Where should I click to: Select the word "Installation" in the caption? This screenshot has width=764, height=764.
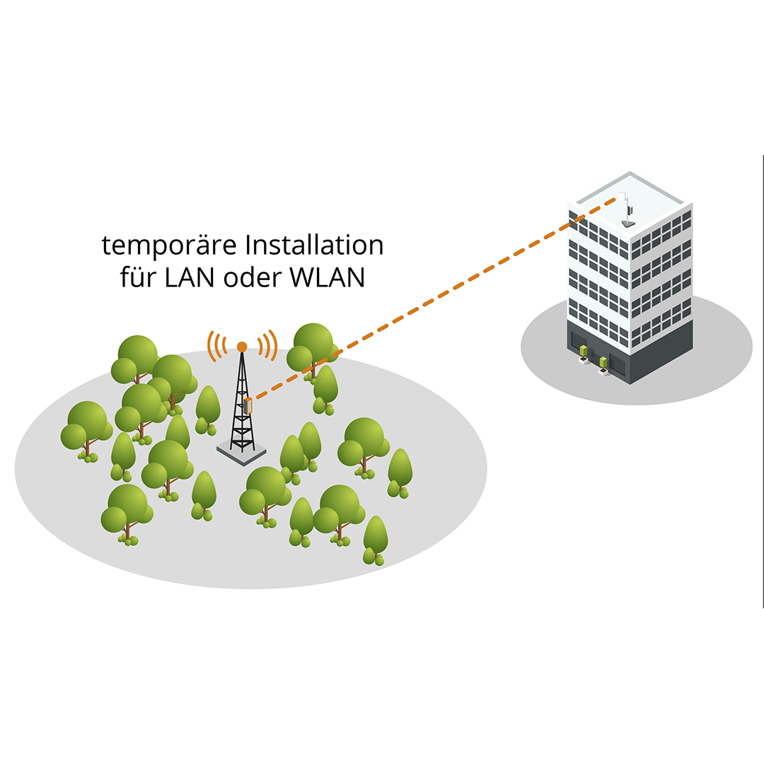tap(314, 246)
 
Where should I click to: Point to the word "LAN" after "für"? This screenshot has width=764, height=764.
tap(190, 278)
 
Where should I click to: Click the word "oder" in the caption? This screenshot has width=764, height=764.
tap(253, 278)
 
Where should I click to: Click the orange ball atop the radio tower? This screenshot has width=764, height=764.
tap(242, 347)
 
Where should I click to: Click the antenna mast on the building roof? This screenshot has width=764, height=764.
tap(626, 209)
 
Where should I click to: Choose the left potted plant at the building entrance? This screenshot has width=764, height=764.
tap(584, 352)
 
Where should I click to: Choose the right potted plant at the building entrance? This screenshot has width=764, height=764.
tap(603, 364)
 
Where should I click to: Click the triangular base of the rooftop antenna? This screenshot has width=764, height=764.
tap(627, 224)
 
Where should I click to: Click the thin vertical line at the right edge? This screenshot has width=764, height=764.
tap(763, 382)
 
